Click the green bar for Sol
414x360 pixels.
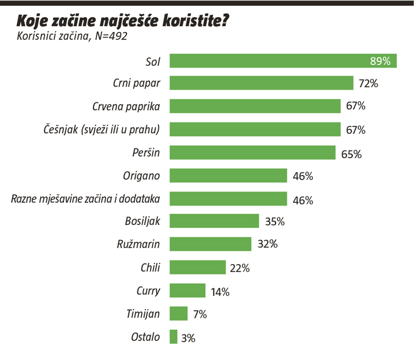(x=283, y=61)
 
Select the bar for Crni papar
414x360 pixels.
(x=261, y=83)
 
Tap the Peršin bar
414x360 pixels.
(x=253, y=153)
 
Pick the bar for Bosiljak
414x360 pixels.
(x=214, y=221)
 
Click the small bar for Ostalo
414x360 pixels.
(x=173, y=337)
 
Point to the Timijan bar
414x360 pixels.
(x=179, y=313)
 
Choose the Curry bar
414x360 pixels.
(x=187, y=291)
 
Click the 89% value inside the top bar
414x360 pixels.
(x=380, y=61)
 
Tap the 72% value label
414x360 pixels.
(x=368, y=83)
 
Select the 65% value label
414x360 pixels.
(x=351, y=154)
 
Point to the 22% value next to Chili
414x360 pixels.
(x=240, y=268)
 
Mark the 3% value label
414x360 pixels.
(x=188, y=338)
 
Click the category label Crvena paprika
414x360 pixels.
(x=126, y=107)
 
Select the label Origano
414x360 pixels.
(x=141, y=176)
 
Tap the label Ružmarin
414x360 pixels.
(x=138, y=244)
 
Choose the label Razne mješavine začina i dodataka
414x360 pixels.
(x=86, y=199)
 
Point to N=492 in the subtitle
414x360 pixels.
(x=111, y=36)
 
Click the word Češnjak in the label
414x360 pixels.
(x=61, y=130)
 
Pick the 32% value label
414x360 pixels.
(x=268, y=244)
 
